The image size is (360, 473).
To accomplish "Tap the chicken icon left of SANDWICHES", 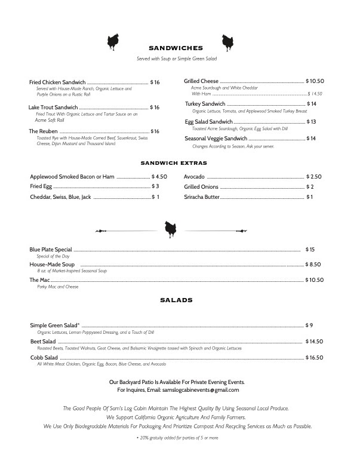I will point(113,42).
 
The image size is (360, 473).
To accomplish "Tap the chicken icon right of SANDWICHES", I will point(227,42).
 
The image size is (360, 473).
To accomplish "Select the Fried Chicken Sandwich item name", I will point(57,82).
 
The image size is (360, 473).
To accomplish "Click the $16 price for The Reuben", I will point(155,131).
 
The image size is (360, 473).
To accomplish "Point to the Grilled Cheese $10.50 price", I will point(315,81).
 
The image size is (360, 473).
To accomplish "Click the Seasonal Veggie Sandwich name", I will point(220,139).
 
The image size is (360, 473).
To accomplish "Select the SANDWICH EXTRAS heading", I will point(174,162).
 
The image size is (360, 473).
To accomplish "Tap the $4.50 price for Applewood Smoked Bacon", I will point(159,177).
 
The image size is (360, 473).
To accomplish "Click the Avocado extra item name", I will point(195,177).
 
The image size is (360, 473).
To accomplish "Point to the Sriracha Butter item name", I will point(202,197).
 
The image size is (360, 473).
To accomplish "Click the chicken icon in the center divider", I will point(170,228).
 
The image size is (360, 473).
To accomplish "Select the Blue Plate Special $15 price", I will point(310,249).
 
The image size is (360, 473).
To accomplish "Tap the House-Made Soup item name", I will point(52,264).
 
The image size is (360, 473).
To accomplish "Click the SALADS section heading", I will point(176,300).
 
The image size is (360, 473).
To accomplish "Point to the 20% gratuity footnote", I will point(177,438).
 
